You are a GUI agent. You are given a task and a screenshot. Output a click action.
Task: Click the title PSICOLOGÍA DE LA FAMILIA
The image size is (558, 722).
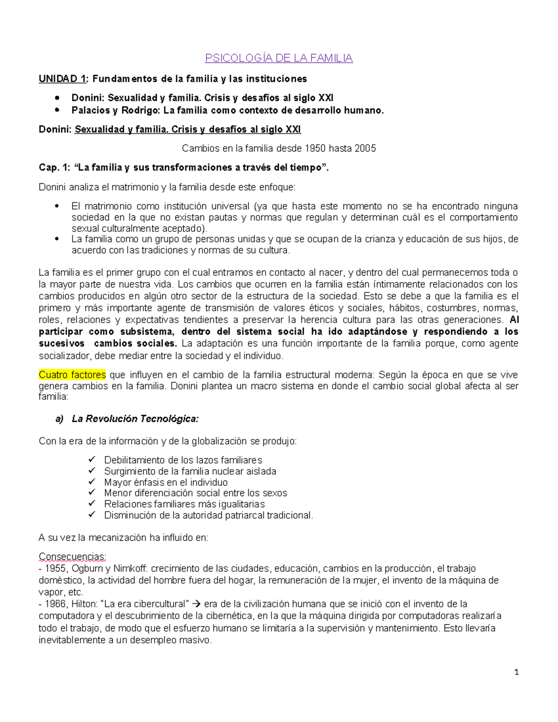[279, 58]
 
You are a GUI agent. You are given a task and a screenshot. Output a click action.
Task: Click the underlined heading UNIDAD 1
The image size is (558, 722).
[62, 79]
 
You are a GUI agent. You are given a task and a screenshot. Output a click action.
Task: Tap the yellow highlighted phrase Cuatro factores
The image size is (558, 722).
[72, 375]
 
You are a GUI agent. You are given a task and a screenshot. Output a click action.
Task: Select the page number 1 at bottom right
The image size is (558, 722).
[516, 672]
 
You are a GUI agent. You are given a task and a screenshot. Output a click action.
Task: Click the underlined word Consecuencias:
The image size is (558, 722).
[73, 556]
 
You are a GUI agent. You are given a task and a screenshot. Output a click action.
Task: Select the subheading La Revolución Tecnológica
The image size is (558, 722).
[135, 419]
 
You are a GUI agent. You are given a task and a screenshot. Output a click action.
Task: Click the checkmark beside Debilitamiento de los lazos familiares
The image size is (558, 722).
[92, 460]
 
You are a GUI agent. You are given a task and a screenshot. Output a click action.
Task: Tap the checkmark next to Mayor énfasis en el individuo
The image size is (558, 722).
[92, 482]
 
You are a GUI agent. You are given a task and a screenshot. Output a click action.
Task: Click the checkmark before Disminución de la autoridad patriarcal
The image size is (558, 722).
[92, 515]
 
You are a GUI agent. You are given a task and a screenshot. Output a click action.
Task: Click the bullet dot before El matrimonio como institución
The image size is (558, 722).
[57, 206]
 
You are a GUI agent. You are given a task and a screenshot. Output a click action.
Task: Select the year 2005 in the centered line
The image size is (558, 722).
[365, 148]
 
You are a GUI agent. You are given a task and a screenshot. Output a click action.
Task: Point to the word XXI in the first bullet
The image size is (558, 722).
[325, 98]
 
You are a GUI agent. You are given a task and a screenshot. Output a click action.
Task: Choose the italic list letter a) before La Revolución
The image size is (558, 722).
[60, 419]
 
